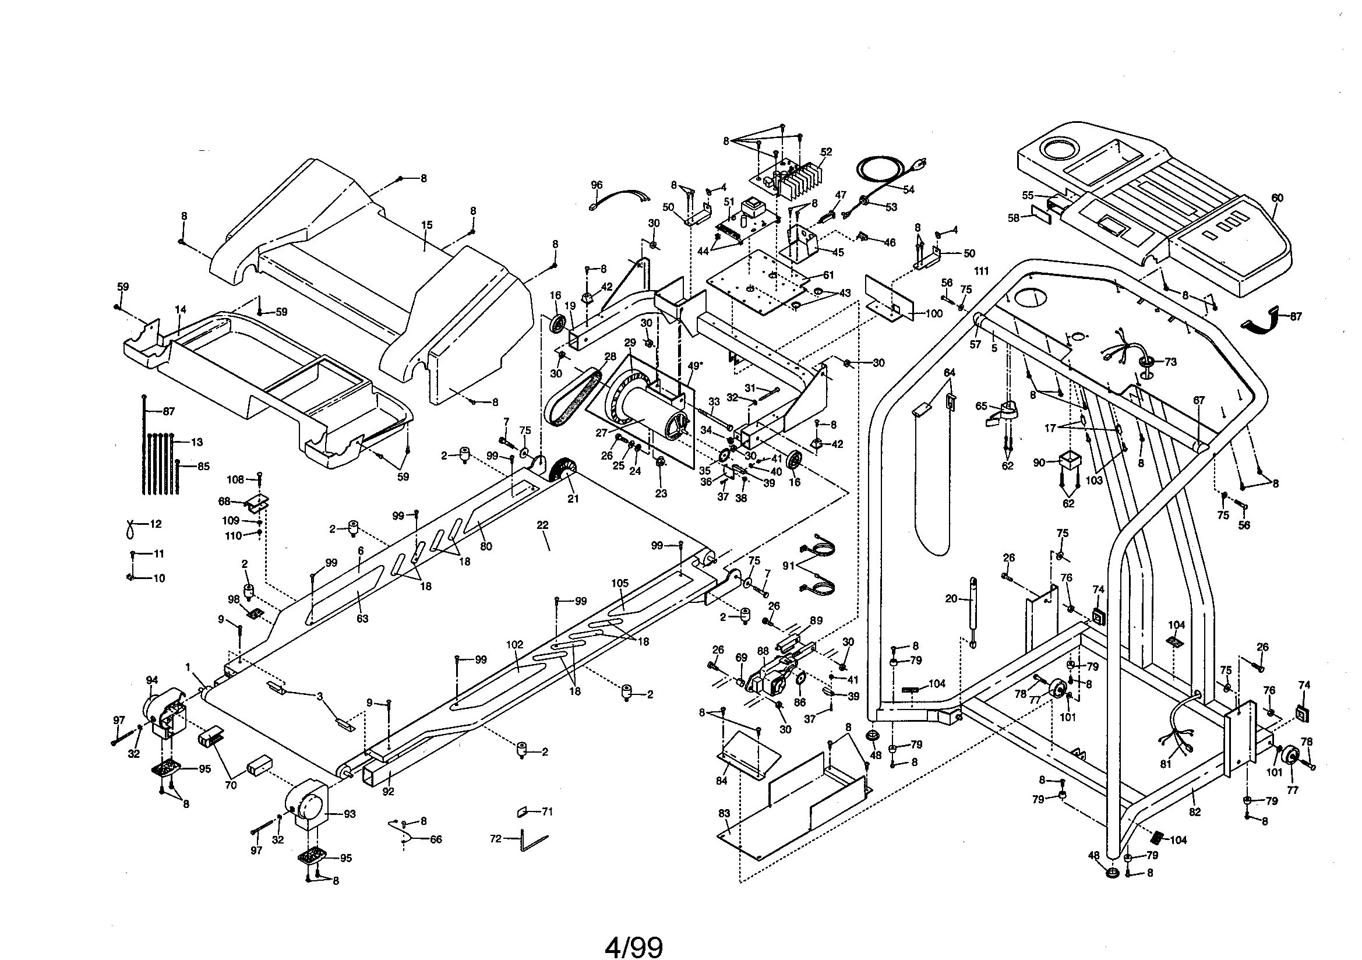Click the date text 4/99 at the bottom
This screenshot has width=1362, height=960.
633,948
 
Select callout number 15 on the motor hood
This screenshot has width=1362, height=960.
426,225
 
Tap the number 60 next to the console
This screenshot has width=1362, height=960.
1277,197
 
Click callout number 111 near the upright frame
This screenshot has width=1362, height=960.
981,271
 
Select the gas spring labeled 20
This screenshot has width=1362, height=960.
973,611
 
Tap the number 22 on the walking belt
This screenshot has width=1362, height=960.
542,525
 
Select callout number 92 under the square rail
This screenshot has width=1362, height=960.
388,792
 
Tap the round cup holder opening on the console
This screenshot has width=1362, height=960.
1061,149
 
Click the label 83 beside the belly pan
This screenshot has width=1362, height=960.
724,813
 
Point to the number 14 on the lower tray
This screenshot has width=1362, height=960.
181,310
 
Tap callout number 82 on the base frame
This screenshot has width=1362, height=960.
1195,811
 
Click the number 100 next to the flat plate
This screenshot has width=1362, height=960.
933,314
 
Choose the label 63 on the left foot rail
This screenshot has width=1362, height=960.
362,618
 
